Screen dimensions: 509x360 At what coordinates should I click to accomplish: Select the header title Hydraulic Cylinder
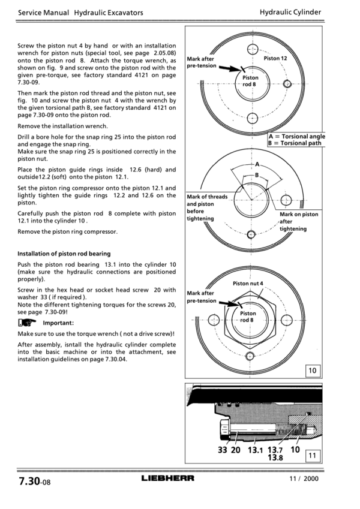(x=290, y=12)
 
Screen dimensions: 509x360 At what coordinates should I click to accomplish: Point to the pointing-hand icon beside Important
(x=26, y=323)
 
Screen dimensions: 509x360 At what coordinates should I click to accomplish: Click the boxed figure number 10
(x=312, y=371)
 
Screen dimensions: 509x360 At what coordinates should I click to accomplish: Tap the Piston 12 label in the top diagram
(x=275, y=58)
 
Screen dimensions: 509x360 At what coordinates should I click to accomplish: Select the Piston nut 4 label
(x=248, y=283)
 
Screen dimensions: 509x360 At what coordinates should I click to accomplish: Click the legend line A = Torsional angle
(x=297, y=137)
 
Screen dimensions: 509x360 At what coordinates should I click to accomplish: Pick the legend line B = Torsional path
(x=295, y=143)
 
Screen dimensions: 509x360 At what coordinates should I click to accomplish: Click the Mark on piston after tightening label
(x=298, y=222)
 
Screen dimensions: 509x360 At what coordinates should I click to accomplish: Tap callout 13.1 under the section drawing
(x=254, y=450)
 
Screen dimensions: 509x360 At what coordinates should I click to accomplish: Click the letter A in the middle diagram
(x=257, y=164)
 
